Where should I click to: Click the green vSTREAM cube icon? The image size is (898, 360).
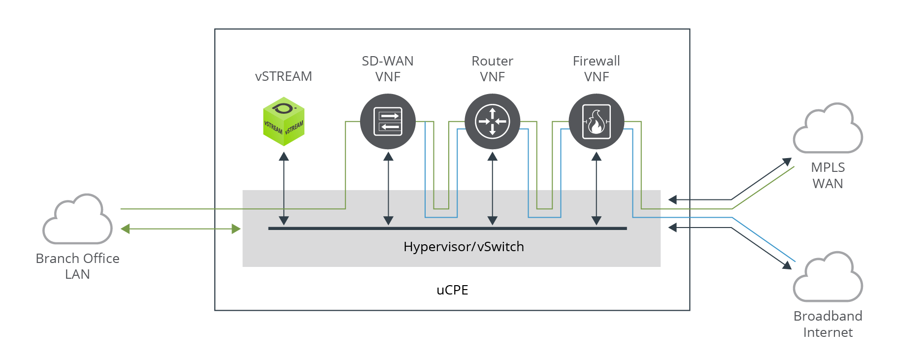284,122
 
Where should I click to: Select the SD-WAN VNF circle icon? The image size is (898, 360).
388,122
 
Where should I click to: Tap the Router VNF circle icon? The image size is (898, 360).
493,122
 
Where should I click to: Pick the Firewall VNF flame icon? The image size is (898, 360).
597,122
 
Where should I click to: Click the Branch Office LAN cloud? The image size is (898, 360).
78,220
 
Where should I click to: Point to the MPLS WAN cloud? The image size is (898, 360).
828,129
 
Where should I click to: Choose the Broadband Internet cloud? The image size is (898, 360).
828,278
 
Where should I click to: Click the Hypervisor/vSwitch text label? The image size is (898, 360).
464,247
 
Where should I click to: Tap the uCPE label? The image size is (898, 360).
452,290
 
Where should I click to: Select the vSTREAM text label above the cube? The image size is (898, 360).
284,76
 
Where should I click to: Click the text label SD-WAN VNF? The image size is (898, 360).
388,69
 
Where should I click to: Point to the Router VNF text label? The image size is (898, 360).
493,69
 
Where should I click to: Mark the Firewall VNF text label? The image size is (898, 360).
597,69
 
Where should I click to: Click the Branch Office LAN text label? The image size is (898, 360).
78,266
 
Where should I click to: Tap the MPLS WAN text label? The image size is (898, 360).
828,176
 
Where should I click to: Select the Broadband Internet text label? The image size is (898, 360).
828,324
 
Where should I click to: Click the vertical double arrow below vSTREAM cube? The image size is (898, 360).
284,189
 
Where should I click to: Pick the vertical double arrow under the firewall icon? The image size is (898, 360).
597,189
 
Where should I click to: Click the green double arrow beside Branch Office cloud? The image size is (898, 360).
181,229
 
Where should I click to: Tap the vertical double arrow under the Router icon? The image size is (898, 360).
493,189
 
